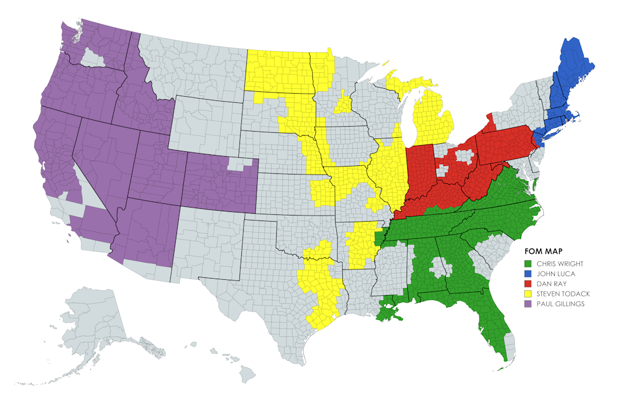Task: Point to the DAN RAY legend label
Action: coord(552,283)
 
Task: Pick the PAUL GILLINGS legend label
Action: coord(560,304)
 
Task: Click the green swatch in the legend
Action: coord(529,264)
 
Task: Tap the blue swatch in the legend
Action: coord(529,274)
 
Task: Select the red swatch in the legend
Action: coord(529,283)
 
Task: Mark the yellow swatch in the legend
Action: coord(529,294)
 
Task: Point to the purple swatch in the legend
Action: coord(529,304)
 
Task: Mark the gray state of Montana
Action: coord(190,67)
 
